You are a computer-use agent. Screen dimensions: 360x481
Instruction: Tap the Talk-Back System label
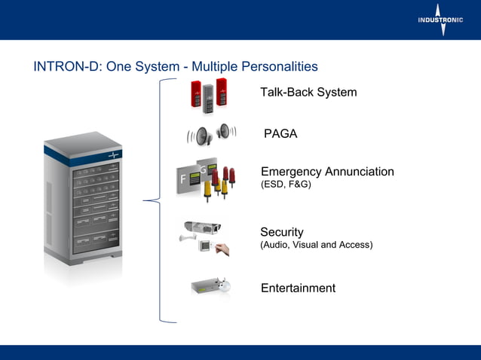(x=308, y=93)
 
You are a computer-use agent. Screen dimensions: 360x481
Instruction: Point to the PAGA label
(x=280, y=134)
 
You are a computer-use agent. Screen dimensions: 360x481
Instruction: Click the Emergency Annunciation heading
(x=327, y=172)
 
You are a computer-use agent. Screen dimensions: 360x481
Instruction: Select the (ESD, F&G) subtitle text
(x=286, y=185)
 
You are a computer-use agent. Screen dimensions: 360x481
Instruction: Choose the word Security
(x=281, y=232)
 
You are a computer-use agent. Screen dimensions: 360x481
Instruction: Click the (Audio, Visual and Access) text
(x=316, y=245)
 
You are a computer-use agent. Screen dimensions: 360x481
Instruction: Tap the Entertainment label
(x=298, y=288)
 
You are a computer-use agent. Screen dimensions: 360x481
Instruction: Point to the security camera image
(x=204, y=226)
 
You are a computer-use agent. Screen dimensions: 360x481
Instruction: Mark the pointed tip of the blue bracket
(x=144, y=201)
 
